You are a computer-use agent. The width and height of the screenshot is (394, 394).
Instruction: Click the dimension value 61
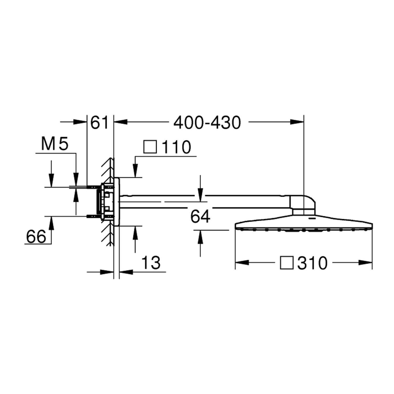tap(99, 122)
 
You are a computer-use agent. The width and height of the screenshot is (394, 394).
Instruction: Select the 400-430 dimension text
tap(207, 122)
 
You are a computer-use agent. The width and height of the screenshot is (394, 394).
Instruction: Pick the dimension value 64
tap(200, 217)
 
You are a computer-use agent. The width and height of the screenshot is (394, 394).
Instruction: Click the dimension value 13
tap(151, 262)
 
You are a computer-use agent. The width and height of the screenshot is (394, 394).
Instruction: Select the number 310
tap(313, 263)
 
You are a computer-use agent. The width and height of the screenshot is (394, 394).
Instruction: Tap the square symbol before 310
tap(287, 263)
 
